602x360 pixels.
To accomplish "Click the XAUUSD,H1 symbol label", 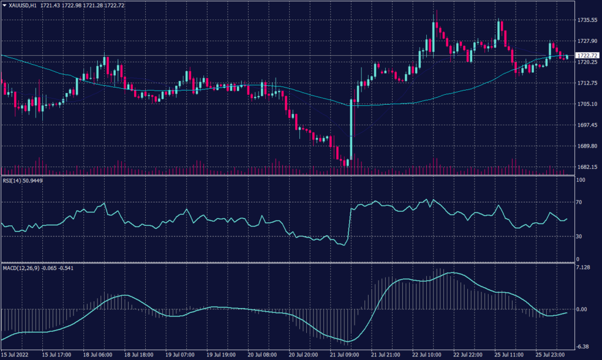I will [24, 5].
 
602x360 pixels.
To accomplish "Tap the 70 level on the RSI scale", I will [579, 202].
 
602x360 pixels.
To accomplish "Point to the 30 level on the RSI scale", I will [579, 236].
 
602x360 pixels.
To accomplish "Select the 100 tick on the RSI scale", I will [580, 180].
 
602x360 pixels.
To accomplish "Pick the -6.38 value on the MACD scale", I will [583, 346].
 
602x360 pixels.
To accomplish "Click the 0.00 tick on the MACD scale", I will [581, 309].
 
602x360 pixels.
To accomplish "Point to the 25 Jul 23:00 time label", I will [551, 355].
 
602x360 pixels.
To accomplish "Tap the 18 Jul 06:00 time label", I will [98, 355].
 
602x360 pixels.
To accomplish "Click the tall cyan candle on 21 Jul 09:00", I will [351, 129].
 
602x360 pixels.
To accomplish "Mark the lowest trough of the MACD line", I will [348, 341].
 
